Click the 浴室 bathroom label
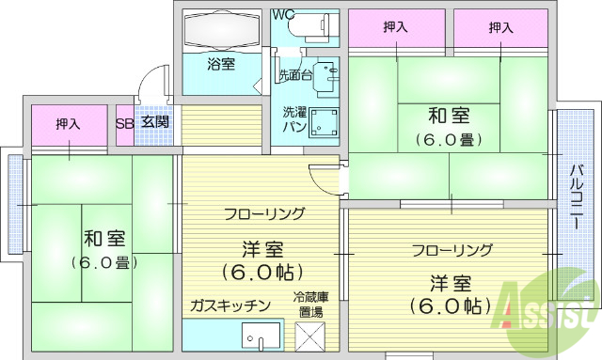pyautogui.click(x=221, y=64)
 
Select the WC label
pyautogui.click(x=283, y=14)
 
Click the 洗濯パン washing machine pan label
pyautogui.click(x=294, y=119)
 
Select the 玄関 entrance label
pyautogui.click(x=155, y=122)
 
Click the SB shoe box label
pyautogui.click(x=124, y=122)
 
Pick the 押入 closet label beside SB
pyautogui.click(x=68, y=123)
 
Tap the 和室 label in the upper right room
pyautogui.click(x=448, y=117)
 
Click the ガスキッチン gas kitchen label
pyautogui.click(x=230, y=305)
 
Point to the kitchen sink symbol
pyautogui.click(x=261, y=336)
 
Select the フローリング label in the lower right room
pyautogui.click(x=451, y=250)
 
